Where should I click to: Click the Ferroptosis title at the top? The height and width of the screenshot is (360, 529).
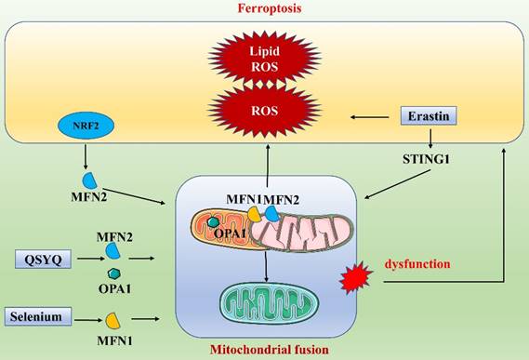coord(264,8)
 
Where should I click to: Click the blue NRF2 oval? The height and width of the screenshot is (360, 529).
coord(85,124)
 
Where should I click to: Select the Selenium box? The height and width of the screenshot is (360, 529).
coord(38,317)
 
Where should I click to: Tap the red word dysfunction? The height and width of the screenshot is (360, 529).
coord(417,264)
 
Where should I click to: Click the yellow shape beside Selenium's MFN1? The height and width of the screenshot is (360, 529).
coord(113,320)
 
